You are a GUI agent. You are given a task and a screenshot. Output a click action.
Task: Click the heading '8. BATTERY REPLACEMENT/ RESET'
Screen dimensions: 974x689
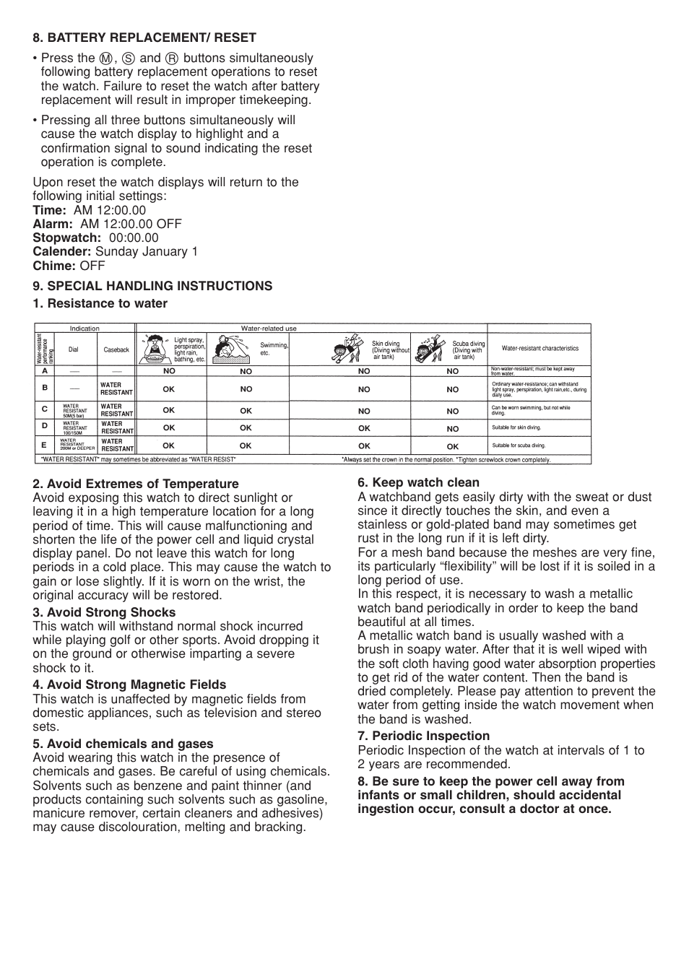point(144,38)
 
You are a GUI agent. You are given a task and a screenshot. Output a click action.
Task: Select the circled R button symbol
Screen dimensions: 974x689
point(171,58)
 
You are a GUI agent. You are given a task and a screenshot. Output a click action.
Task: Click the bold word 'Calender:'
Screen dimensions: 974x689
point(62,251)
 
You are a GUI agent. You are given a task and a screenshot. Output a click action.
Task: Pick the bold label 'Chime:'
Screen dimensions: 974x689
point(54,266)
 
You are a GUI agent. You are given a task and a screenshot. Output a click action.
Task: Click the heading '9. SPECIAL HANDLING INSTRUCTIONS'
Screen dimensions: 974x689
point(152,286)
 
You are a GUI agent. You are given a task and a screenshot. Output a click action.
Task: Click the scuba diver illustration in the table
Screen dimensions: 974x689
point(430,348)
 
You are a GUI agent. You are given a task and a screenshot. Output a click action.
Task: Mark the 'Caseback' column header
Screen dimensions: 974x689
point(116,350)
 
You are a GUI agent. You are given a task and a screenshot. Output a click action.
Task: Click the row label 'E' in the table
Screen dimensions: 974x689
point(45,445)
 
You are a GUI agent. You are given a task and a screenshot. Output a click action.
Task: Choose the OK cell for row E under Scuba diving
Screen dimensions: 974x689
point(452,447)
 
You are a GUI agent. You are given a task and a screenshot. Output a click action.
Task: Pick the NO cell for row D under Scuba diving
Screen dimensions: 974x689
point(452,429)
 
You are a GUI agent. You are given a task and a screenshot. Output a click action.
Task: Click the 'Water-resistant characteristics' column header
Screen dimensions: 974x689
point(539,348)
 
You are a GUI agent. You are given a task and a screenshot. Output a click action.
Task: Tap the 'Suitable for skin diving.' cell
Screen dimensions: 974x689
point(516,427)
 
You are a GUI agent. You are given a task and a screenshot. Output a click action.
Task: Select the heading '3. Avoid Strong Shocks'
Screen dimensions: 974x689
point(104,612)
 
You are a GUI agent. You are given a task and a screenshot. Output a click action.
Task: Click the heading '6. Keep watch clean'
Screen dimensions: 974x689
point(418,482)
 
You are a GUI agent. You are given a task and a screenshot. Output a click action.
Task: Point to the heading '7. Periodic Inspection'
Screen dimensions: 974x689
point(423,736)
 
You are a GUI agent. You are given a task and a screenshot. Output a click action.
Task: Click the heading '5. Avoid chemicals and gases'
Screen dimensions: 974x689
point(123,744)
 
